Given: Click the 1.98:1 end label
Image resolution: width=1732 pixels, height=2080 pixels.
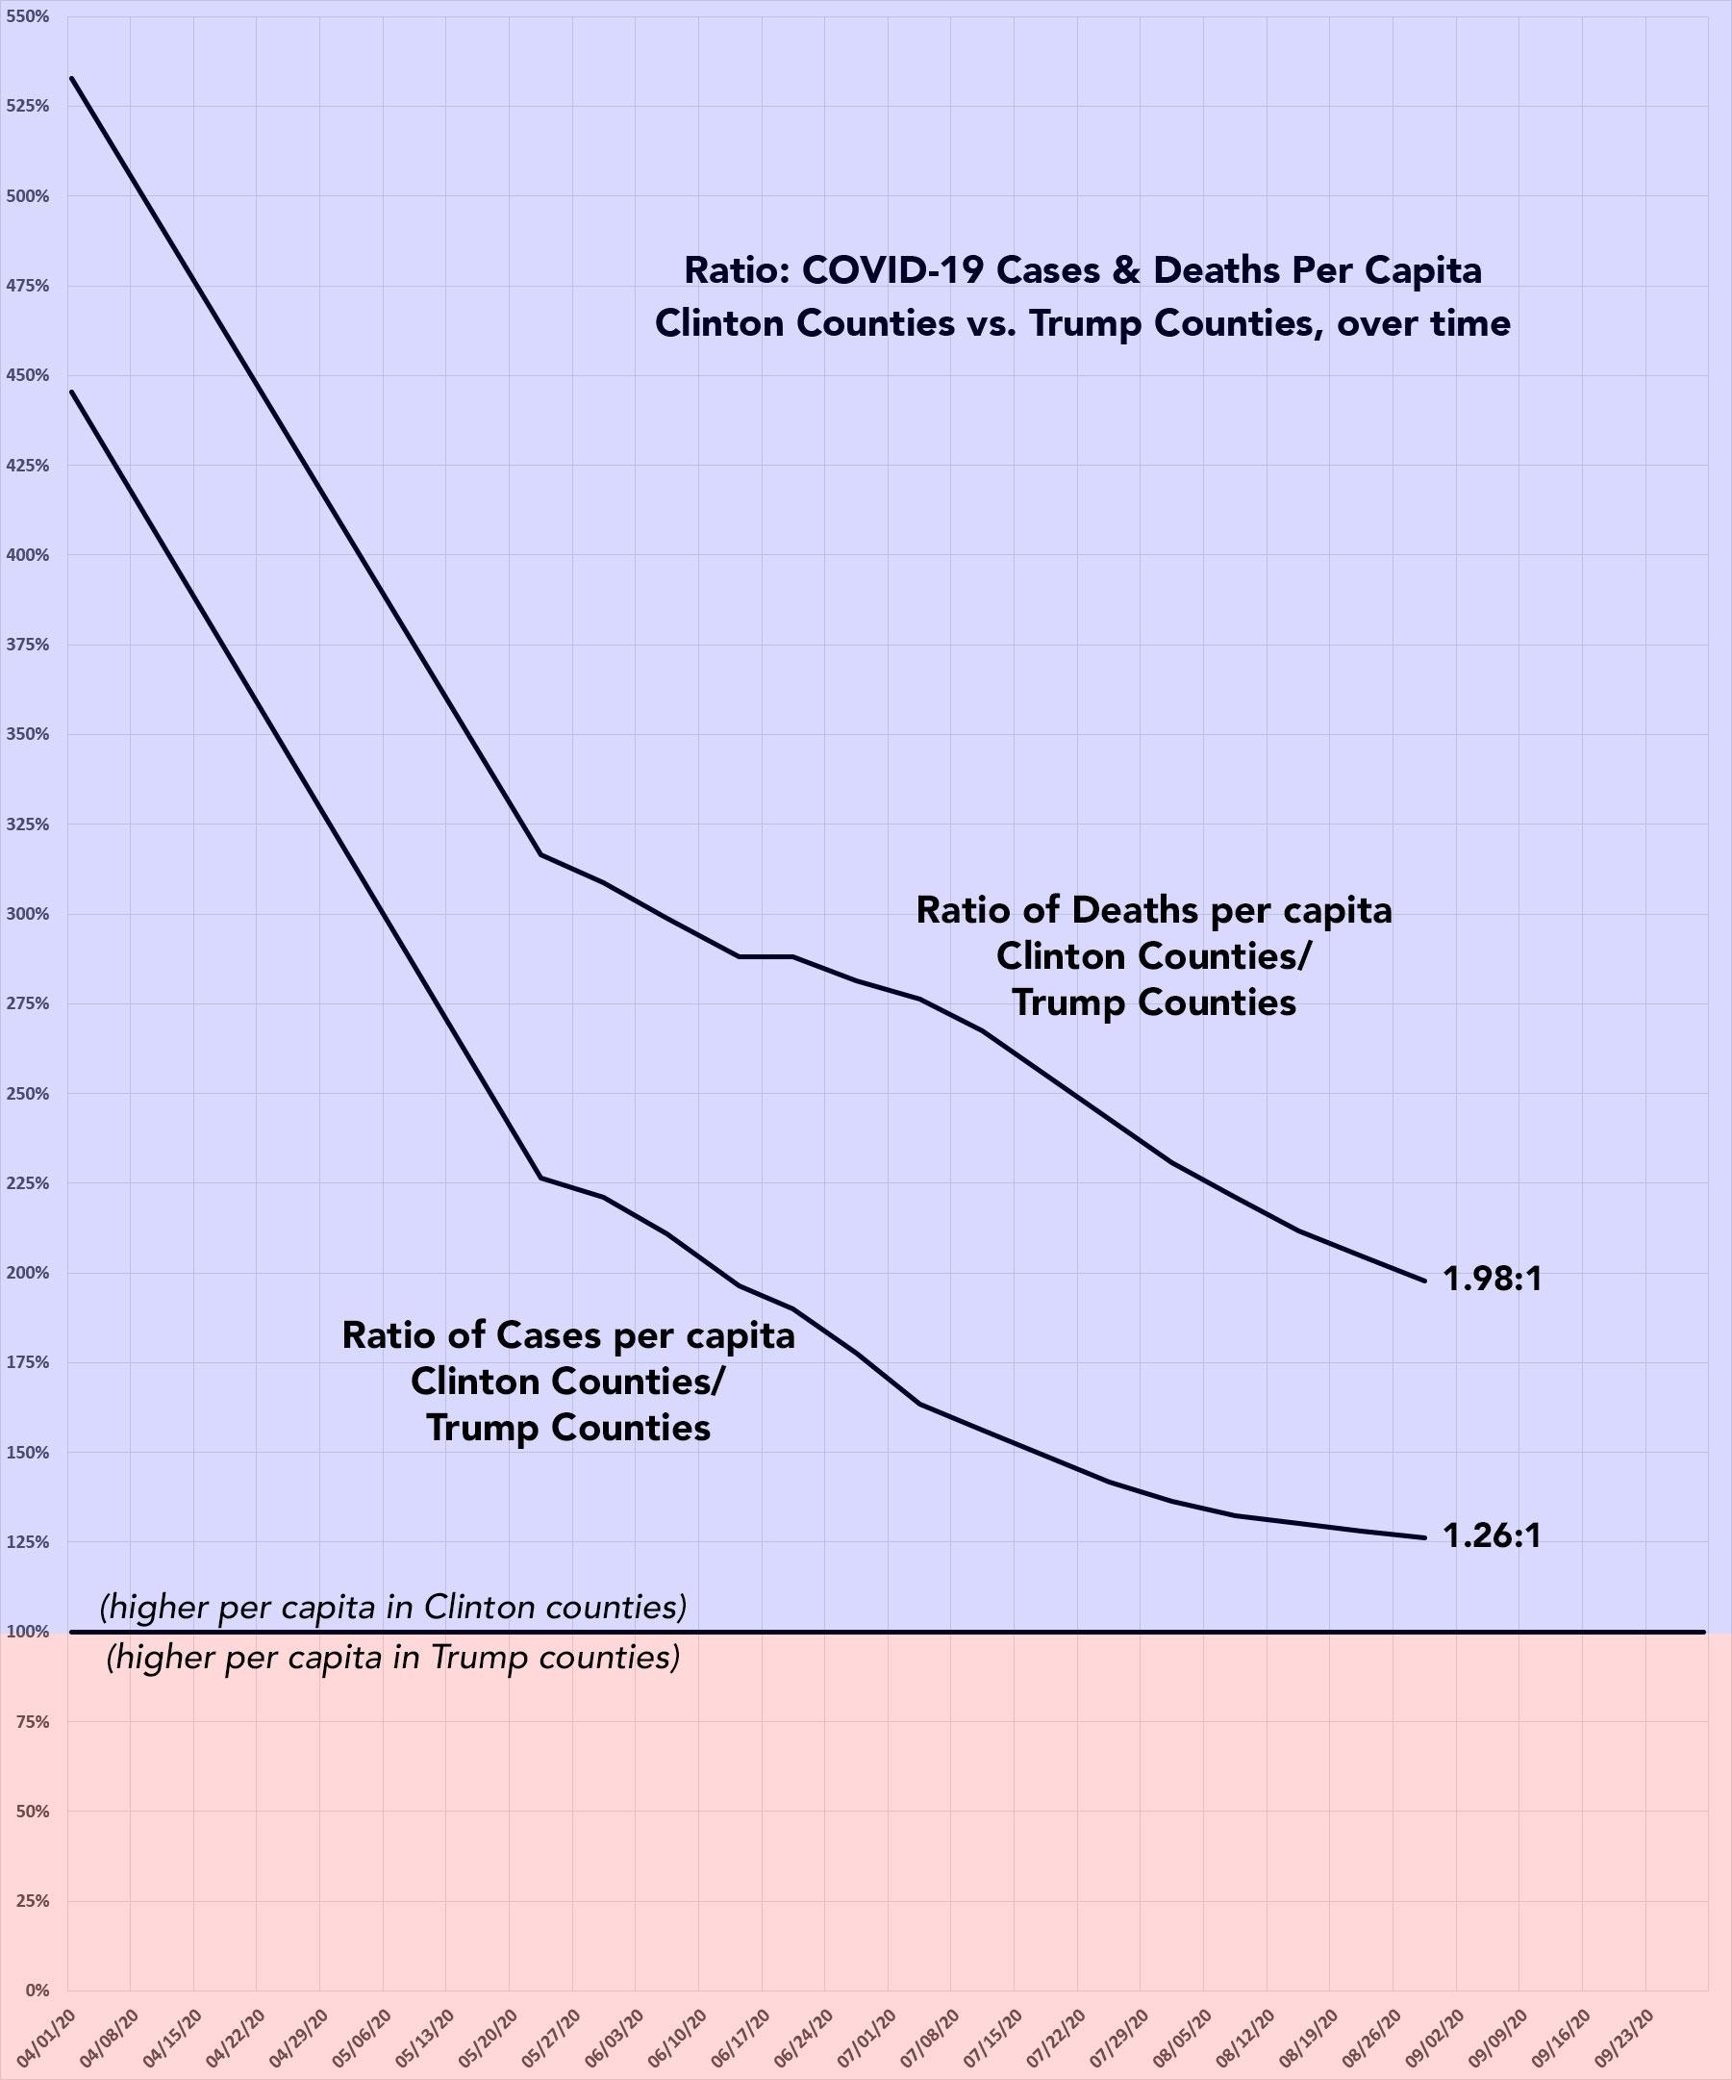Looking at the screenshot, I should point(1493,1280).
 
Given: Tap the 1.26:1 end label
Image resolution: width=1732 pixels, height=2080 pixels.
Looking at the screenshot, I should point(1492,1536).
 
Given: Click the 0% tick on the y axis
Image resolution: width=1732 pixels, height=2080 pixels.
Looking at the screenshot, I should point(36,1989).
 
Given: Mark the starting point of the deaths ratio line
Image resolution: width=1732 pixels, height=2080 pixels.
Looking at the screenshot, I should point(71,77).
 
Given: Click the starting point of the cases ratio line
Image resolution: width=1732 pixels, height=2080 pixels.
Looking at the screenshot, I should point(71,392).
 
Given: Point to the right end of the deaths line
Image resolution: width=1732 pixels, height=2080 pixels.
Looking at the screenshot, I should point(1424,1281).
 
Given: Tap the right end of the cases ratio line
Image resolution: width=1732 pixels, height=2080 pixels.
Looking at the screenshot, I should point(1424,1537).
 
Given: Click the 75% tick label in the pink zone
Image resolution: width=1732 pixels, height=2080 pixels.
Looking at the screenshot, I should point(33,1721).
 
